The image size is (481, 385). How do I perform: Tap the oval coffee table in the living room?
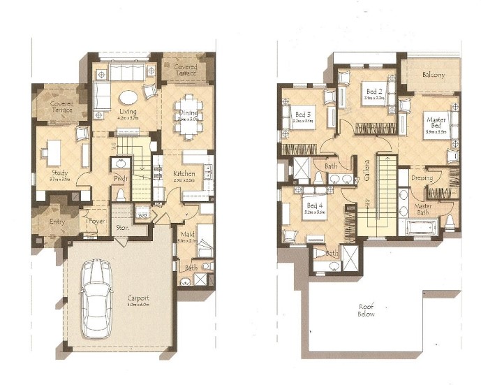pos(127,97)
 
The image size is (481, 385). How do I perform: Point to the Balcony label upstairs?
pos(433,75)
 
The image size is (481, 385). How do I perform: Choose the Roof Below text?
pos(366,310)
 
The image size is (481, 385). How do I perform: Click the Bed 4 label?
pos(314,206)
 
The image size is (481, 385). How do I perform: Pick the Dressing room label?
pos(422,178)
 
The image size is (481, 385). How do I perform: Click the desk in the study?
pos(54,150)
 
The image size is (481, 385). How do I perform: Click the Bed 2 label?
pos(374,92)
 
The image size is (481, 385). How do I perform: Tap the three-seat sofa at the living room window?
pos(126,73)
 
